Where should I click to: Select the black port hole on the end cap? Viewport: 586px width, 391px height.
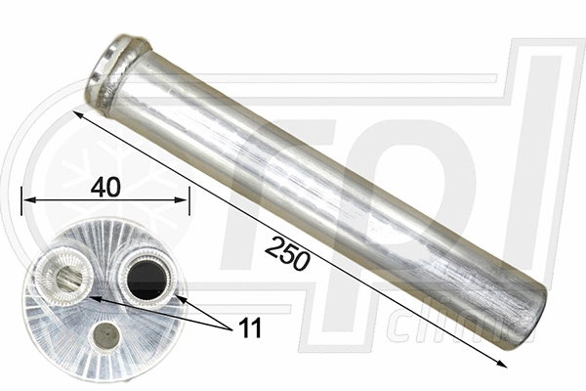146,280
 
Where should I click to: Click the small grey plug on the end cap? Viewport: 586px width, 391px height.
105,337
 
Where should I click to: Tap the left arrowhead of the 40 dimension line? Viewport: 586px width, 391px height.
28,200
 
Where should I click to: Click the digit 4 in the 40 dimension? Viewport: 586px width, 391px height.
98,187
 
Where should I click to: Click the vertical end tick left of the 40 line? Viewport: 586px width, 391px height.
21,201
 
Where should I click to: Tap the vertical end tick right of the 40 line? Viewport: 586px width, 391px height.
189,201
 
